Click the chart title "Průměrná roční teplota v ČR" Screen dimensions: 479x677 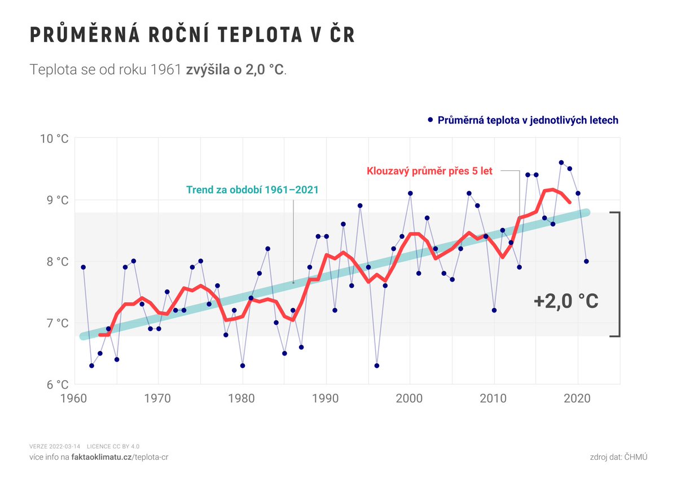coord(192,35)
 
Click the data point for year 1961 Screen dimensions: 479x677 coord(83,267)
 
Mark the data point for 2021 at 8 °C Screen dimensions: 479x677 coord(587,261)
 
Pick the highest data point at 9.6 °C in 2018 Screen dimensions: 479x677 coord(561,162)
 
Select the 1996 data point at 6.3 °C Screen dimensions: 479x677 coord(377,366)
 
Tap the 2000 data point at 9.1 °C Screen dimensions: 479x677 coord(410,194)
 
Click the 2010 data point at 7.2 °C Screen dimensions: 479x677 coord(494,310)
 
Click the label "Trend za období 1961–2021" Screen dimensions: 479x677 coord(252,190)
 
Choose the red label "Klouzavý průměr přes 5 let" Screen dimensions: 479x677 coord(430,171)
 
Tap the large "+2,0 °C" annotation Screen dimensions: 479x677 coord(566,301)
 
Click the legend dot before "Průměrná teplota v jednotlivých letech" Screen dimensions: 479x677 coord(430,120)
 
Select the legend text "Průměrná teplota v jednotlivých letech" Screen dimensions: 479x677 coord(528,120)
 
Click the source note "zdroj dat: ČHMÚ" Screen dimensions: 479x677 coord(617,456)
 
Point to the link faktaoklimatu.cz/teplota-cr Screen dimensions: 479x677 coord(120,456)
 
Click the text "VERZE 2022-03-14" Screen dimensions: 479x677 coord(55,446)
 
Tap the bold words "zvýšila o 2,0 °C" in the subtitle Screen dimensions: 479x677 coord(235,70)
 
